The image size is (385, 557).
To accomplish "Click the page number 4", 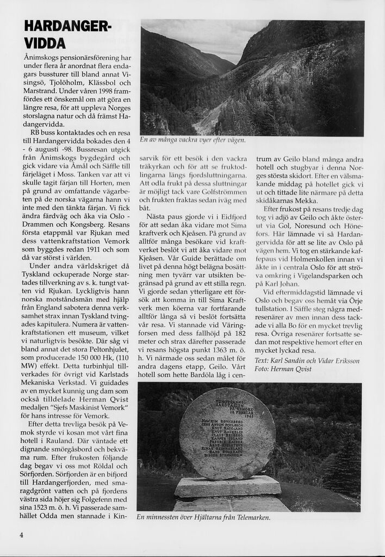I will pyautogui.click(x=22, y=534).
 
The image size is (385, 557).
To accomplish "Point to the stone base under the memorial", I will pyautogui.click(x=227, y=486).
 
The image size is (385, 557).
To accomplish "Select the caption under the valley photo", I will pyautogui.click(x=193, y=140).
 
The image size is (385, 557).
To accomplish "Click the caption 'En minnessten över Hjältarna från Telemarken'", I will pyautogui.click(x=203, y=517).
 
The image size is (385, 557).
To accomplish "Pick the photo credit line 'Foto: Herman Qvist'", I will pyautogui.click(x=283, y=370).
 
